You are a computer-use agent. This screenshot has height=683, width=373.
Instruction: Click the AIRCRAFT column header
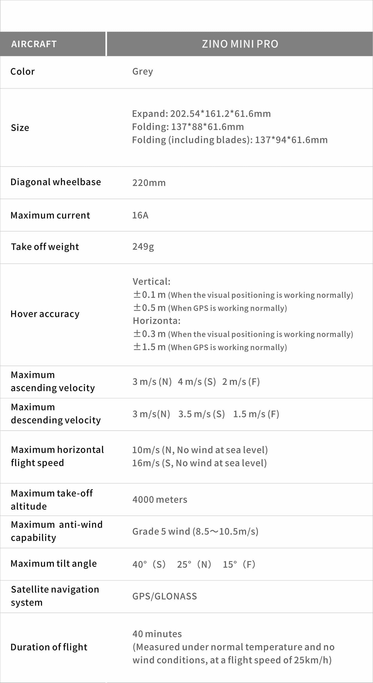click(x=34, y=44)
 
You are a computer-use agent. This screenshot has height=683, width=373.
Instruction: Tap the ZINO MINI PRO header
click(x=240, y=44)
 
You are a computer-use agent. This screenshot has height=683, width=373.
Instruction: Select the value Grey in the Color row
click(x=142, y=72)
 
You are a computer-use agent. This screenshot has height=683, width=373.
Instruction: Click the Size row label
click(x=20, y=128)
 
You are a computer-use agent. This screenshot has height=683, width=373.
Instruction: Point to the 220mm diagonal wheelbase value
click(x=149, y=183)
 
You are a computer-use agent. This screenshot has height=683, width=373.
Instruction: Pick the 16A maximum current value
click(x=140, y=215)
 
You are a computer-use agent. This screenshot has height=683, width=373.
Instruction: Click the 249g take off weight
click(x=143, y=246)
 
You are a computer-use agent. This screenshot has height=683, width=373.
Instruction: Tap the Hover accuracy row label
click(x=45, y=314)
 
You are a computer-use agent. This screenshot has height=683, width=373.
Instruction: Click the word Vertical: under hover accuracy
click(x=151, y=282)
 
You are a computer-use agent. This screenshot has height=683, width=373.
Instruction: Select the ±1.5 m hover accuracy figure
click(x=149, y=347)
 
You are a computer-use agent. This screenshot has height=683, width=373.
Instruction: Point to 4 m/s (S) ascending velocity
click(x=197, y=382)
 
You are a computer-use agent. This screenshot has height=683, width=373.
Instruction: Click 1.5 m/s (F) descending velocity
click(x=256, y=414)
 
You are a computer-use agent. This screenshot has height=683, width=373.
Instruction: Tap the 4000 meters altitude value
click(x=160, y=500)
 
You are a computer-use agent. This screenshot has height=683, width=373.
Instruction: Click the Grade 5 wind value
click(x=195, y=532)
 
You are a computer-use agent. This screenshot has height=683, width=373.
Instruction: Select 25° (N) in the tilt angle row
click(x=194, y=564)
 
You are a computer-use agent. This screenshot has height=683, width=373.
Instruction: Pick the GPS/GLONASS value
click(x=165, y=596)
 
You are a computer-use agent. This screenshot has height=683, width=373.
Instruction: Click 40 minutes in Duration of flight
click(x=157, y=634)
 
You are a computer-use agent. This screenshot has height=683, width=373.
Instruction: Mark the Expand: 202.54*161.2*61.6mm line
click(x=201, y=114)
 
